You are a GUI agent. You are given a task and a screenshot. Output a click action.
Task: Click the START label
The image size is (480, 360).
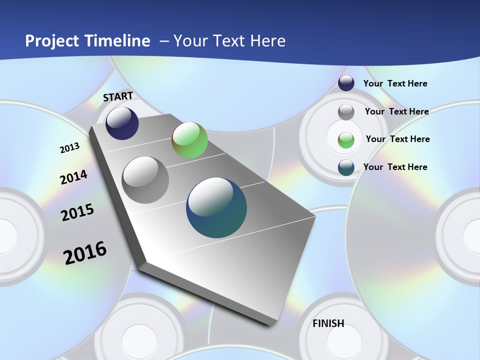118,96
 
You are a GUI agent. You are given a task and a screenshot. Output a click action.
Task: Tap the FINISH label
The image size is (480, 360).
328,323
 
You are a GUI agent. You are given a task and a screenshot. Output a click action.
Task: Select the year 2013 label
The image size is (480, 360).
70,148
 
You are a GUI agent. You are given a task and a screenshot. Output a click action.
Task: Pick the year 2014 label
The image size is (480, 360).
73,177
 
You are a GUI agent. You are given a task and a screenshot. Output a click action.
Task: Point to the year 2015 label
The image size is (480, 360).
77,212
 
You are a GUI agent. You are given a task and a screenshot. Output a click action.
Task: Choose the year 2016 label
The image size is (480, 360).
85,252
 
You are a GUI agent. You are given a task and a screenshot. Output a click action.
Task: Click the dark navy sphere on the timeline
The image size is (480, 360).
122,123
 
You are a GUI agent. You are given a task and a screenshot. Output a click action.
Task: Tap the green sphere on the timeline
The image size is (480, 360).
189,140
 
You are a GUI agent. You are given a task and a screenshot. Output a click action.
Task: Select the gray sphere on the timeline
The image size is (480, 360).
145,180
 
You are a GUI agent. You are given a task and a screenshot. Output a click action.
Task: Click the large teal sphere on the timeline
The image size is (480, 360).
216,207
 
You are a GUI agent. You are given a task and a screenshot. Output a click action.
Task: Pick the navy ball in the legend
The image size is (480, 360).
346,83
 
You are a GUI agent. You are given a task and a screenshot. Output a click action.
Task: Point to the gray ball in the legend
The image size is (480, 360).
346,111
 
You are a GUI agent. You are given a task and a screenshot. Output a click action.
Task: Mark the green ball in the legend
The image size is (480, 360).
346,139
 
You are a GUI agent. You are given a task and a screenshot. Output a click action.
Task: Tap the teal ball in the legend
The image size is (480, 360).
346,167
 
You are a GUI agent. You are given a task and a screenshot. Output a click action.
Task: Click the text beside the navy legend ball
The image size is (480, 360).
395,83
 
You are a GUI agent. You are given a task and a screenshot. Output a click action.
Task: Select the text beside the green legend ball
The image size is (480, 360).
397,139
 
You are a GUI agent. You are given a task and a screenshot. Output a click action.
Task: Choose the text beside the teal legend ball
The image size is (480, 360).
395,167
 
